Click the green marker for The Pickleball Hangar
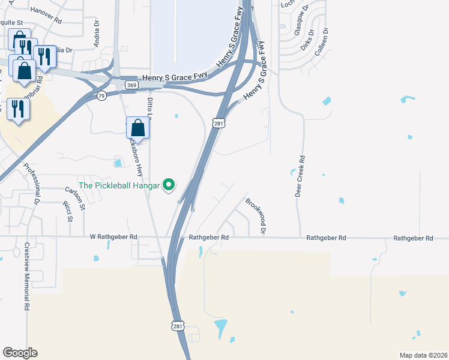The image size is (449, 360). click(x=169, y=185)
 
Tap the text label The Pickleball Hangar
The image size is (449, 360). click(x=119, y=185)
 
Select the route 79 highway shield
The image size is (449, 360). click(x=101, y=95)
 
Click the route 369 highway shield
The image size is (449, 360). click(x=132, y=85)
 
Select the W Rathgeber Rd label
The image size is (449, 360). click(x=113, y=238)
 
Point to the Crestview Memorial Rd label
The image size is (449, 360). click(x=27, y=276)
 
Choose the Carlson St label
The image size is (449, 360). click(x=76, y=198)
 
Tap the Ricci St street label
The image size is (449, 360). click(x=69, y=212)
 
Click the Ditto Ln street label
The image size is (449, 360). click(x=150, y=108)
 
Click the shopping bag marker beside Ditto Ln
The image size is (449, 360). click(x=138, y=128)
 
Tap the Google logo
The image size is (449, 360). click(x=20, y=353)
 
